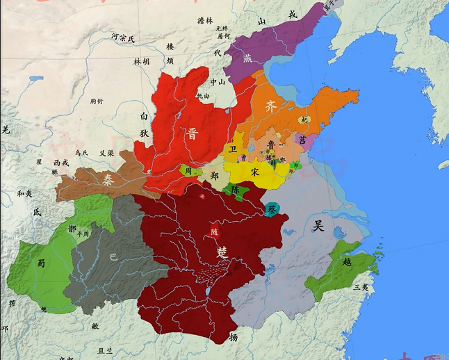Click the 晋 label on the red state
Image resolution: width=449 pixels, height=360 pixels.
tap(192, 134)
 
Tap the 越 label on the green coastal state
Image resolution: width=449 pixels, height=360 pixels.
tap(347, 263)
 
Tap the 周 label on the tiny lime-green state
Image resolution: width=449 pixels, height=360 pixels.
tap(188, 170)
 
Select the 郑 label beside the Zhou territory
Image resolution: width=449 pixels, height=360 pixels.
tap(214, 176)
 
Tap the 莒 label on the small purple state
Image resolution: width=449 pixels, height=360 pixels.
tap(301, 139)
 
